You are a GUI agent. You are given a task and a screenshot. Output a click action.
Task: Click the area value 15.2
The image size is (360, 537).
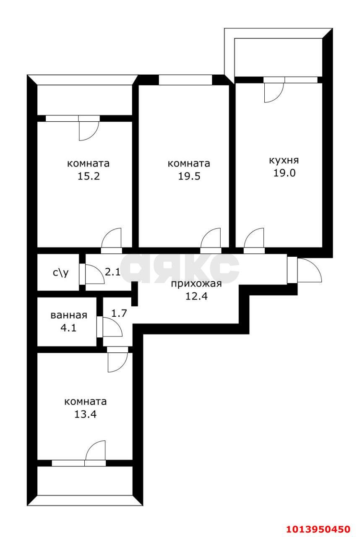point(88,176)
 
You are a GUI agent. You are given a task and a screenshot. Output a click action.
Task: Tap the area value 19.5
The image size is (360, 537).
point(189,176)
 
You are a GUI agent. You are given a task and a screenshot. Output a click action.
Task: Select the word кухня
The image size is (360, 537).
point(284,160)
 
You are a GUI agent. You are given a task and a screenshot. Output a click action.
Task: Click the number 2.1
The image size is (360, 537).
point(112,272)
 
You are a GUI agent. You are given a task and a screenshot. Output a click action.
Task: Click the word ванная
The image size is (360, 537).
point(68,315)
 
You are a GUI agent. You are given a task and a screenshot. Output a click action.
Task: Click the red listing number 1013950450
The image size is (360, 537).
point(318,529)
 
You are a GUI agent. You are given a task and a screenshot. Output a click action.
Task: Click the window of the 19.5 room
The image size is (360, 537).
point(185,80)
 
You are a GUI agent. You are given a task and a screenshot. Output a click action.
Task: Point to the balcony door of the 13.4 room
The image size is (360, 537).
point(96,451)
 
